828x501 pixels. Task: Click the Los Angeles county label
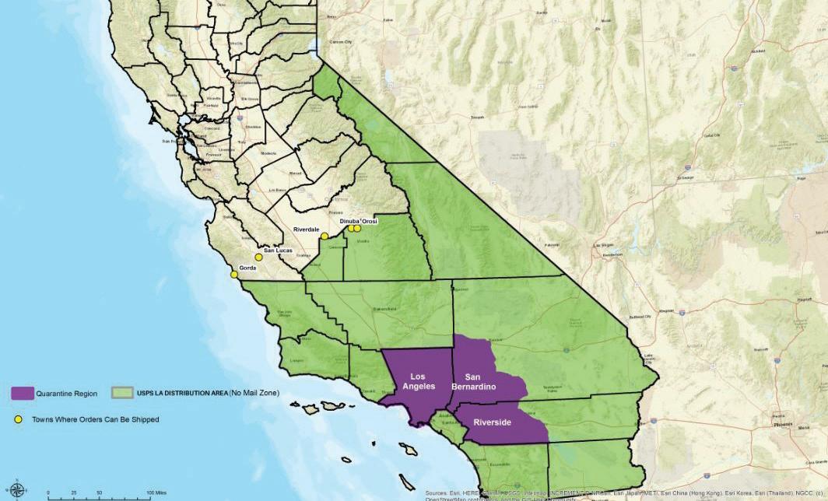(412, 381)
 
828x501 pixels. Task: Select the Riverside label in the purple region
(493, 422)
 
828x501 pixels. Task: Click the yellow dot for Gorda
(234, 274)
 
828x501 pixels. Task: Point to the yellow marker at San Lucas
(258, 257)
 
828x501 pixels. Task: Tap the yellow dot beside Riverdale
(325, 236)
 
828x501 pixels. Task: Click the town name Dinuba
(351, 222)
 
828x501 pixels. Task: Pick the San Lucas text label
(279, 250)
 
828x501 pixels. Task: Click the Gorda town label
(247, 268)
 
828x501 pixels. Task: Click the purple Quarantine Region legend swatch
(23, 394)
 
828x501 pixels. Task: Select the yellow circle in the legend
(17, 420)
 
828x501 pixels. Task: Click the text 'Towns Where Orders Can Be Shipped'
(95, 420)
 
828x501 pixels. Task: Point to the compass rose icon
(17, 490)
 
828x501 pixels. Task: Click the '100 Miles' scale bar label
(156, 493)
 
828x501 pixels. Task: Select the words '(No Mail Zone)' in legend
(254, 394)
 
